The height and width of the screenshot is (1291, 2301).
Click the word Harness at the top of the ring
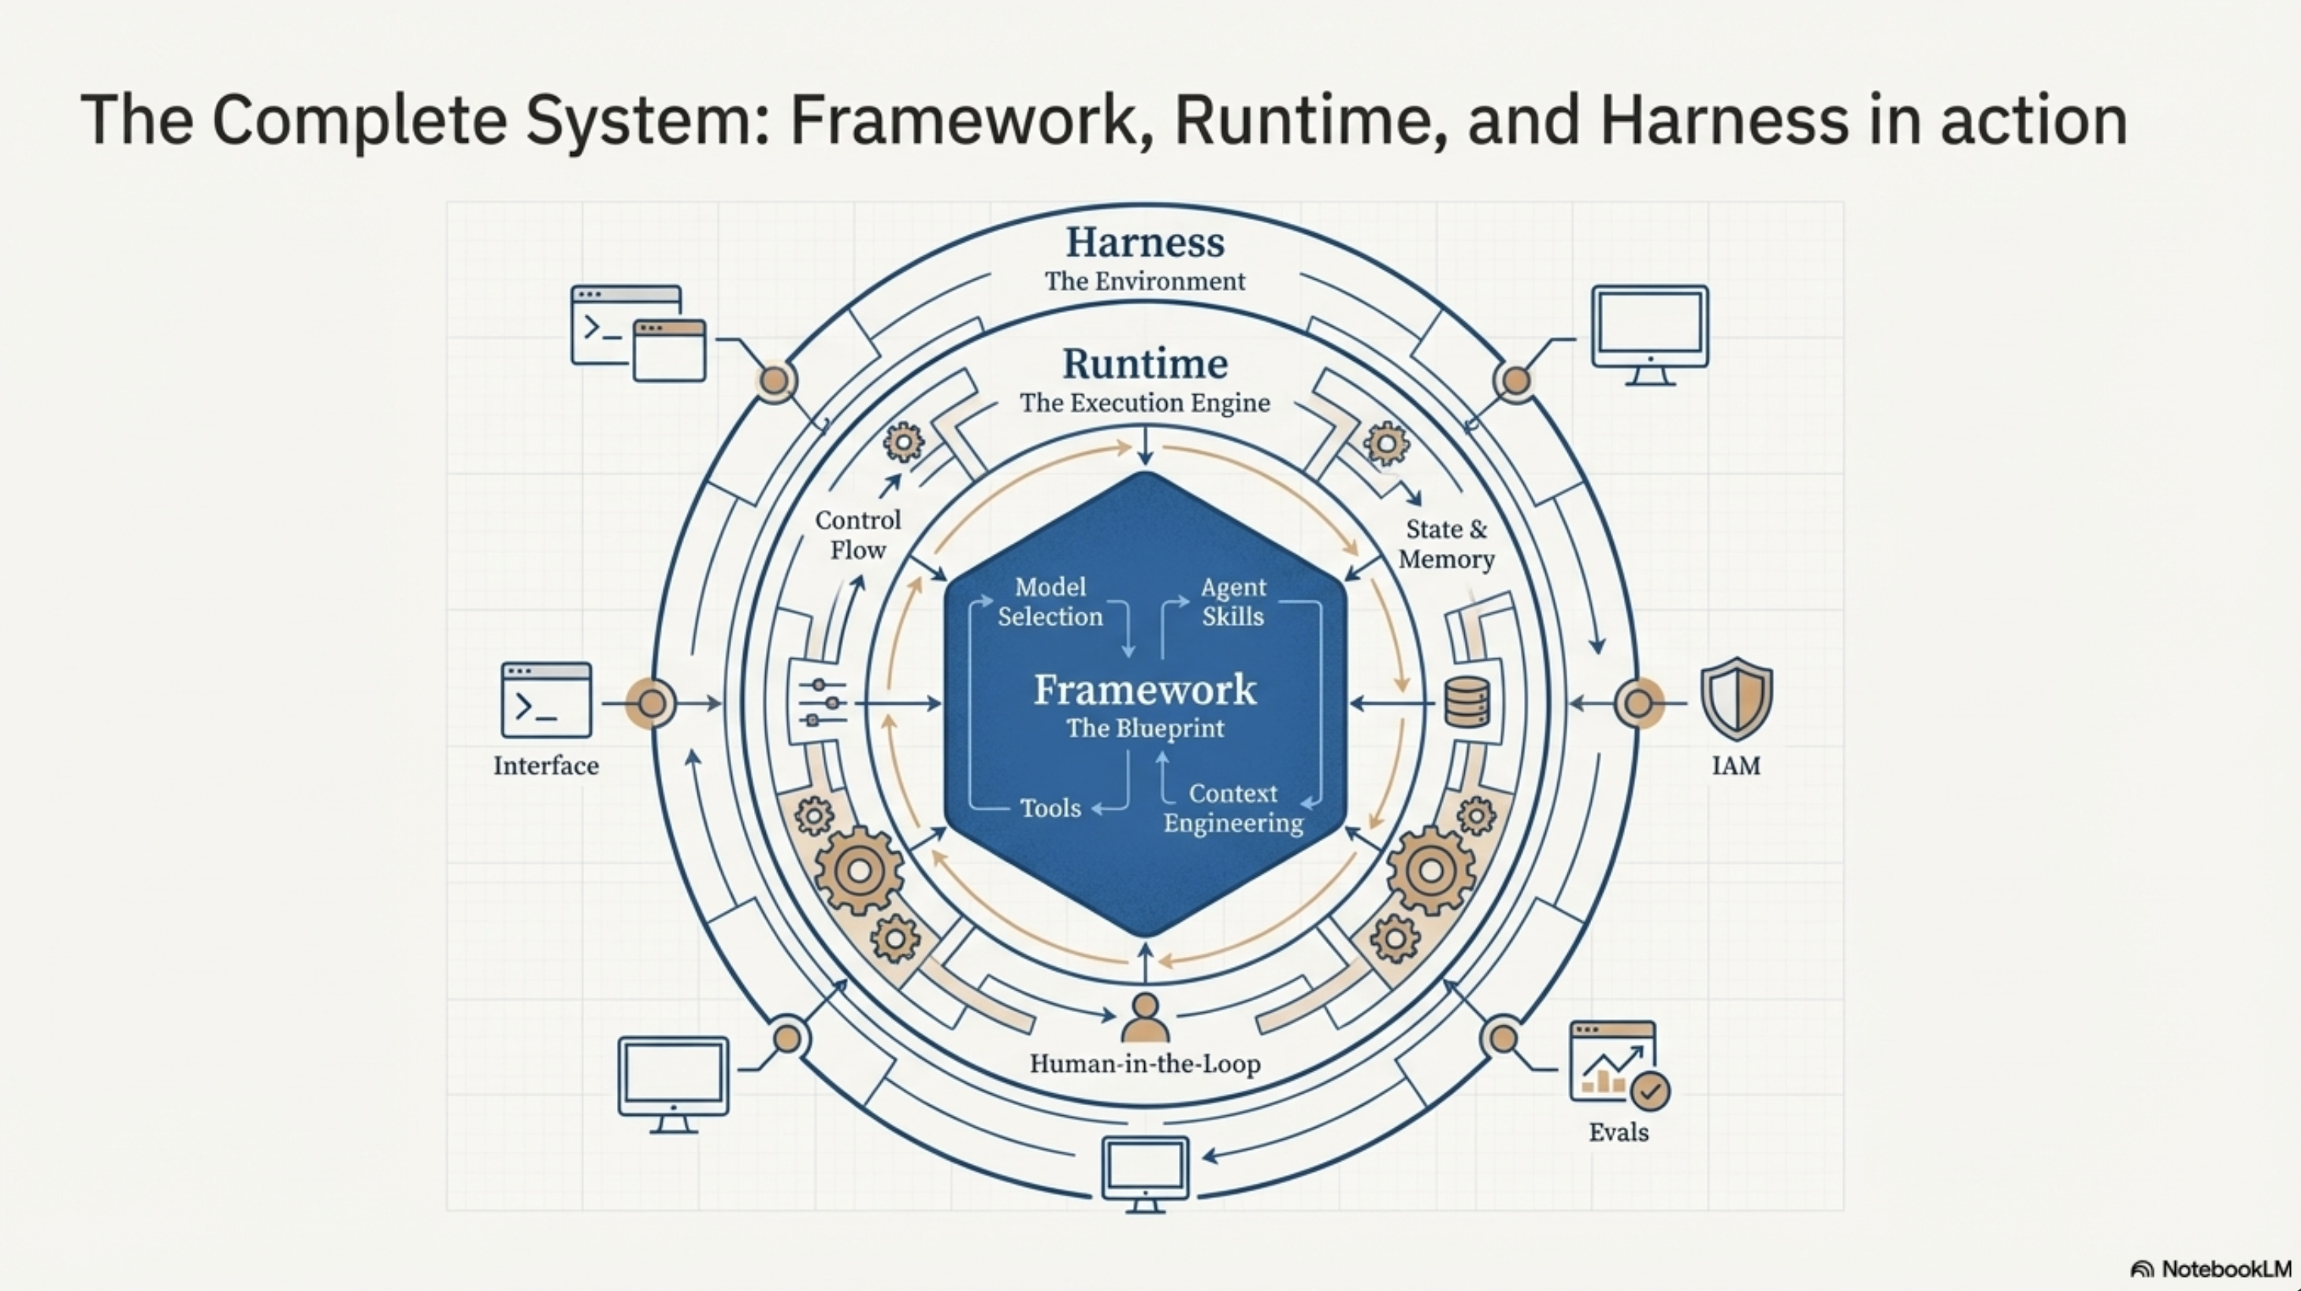1144,242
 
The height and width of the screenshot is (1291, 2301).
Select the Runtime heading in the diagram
1144,363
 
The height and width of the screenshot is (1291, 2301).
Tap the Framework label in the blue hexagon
1144,690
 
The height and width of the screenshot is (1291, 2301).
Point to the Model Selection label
1050,601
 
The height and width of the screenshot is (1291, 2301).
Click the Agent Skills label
1232,601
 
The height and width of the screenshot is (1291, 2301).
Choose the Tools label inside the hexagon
1050,808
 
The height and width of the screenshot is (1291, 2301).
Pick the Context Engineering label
1232,808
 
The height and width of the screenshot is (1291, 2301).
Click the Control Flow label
857,534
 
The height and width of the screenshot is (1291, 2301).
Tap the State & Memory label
1446,543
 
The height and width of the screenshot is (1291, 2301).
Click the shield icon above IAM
1735,698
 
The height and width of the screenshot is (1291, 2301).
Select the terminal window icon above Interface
546,700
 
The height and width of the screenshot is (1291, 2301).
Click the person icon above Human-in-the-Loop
1144,1018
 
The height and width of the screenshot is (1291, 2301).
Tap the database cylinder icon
1466,701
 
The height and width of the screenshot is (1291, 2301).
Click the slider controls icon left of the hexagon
822,702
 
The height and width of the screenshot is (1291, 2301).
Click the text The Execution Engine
1144,403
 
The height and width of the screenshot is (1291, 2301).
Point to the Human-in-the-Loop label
1144,1063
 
